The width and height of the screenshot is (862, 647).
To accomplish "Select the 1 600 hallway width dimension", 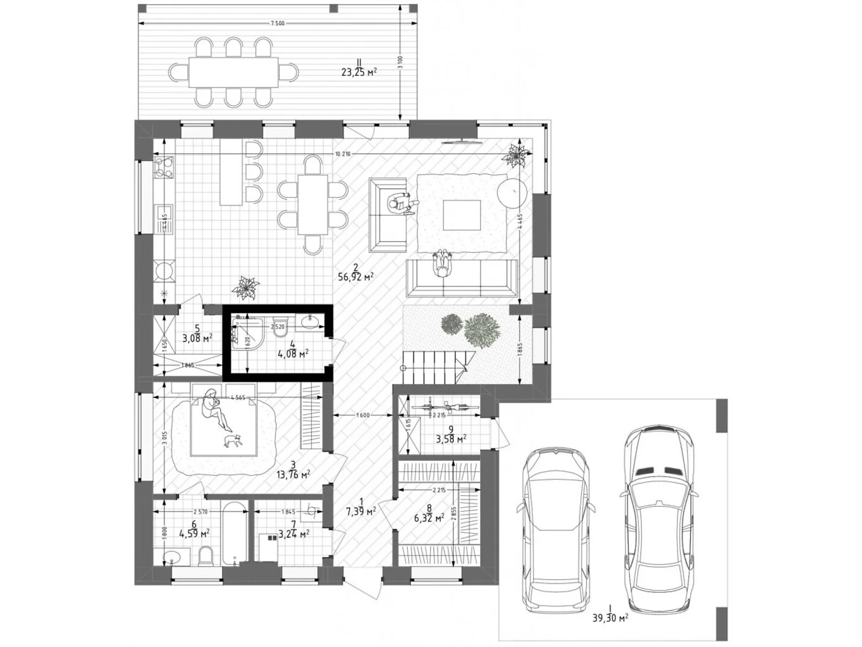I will pos(363,415).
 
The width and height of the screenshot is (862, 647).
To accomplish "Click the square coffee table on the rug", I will pos(462,215).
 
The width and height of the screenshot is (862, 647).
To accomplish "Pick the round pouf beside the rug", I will pos(510,192).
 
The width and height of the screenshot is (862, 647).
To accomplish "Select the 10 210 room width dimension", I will pos(342,154).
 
